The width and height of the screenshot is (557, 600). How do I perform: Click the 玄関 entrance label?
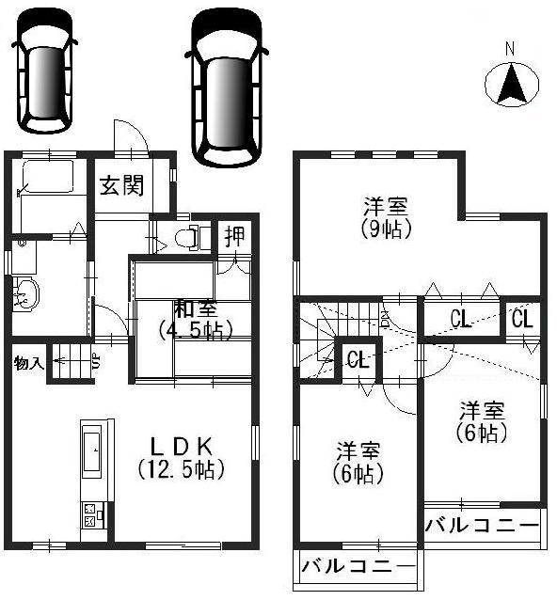(x=121, y=185)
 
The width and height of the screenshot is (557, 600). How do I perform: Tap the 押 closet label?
(x=233, y=236)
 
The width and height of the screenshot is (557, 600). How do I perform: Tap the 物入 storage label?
(x=28, y=362)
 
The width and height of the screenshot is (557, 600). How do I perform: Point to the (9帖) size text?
(x=387, y=229)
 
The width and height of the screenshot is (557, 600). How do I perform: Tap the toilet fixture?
(x=198, y=237)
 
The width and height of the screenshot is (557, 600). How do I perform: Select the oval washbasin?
(x=26, y=293)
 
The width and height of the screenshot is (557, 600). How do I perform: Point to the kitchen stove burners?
(x=90, y=514)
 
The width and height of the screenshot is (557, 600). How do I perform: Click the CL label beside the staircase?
(x=356, y=359)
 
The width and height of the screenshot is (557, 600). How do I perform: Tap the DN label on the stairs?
(x=384, y=318)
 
